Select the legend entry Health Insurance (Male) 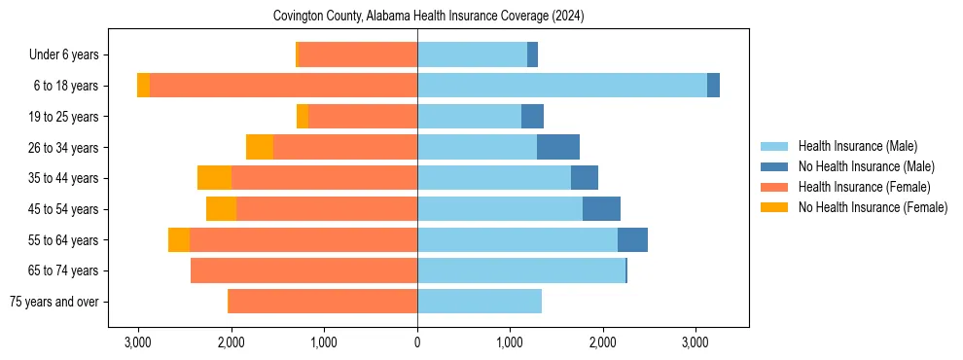[x=856, y=146]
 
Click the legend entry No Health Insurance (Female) [x=873, y=207]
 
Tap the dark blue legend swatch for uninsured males [x=774, y=166]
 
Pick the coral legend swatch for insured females [x=774, y=187]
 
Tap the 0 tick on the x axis [x=417, y=342]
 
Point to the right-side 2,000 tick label [x=602, y=342]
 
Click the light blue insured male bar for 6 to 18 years [x=562, y=86]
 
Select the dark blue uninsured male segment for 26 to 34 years [x=558, y=147]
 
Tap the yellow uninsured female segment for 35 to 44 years [x=214, y=178]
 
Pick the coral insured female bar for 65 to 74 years [x=303, y=270]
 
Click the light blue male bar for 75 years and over [x=480, y=302]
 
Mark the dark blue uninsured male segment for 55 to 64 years [x=632, y=239]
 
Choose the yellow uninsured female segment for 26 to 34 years [x=260, y=147]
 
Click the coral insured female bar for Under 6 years [x=358, y=54]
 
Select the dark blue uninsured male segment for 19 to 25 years [x=532, y=117]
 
